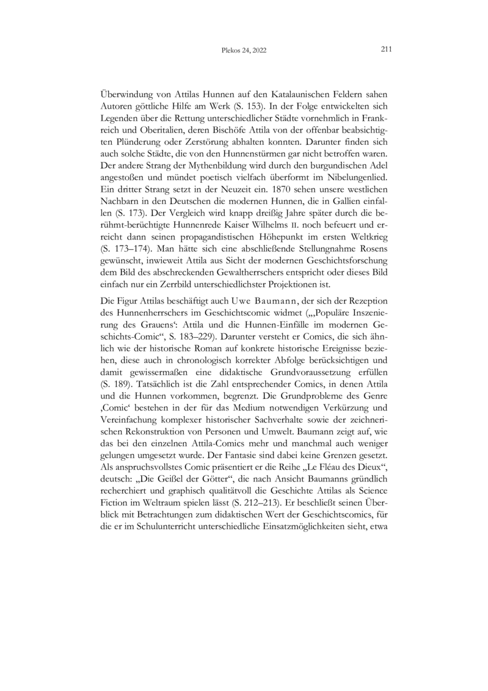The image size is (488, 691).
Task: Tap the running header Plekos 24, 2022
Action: point(244,51)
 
